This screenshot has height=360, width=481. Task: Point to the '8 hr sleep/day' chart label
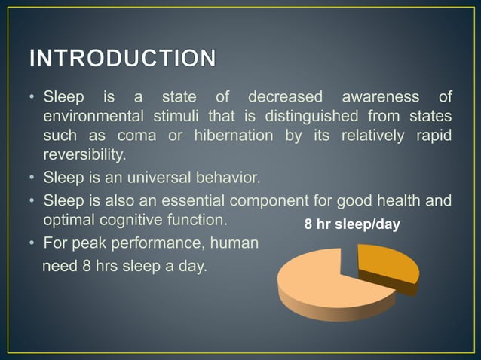click(351, 225)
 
